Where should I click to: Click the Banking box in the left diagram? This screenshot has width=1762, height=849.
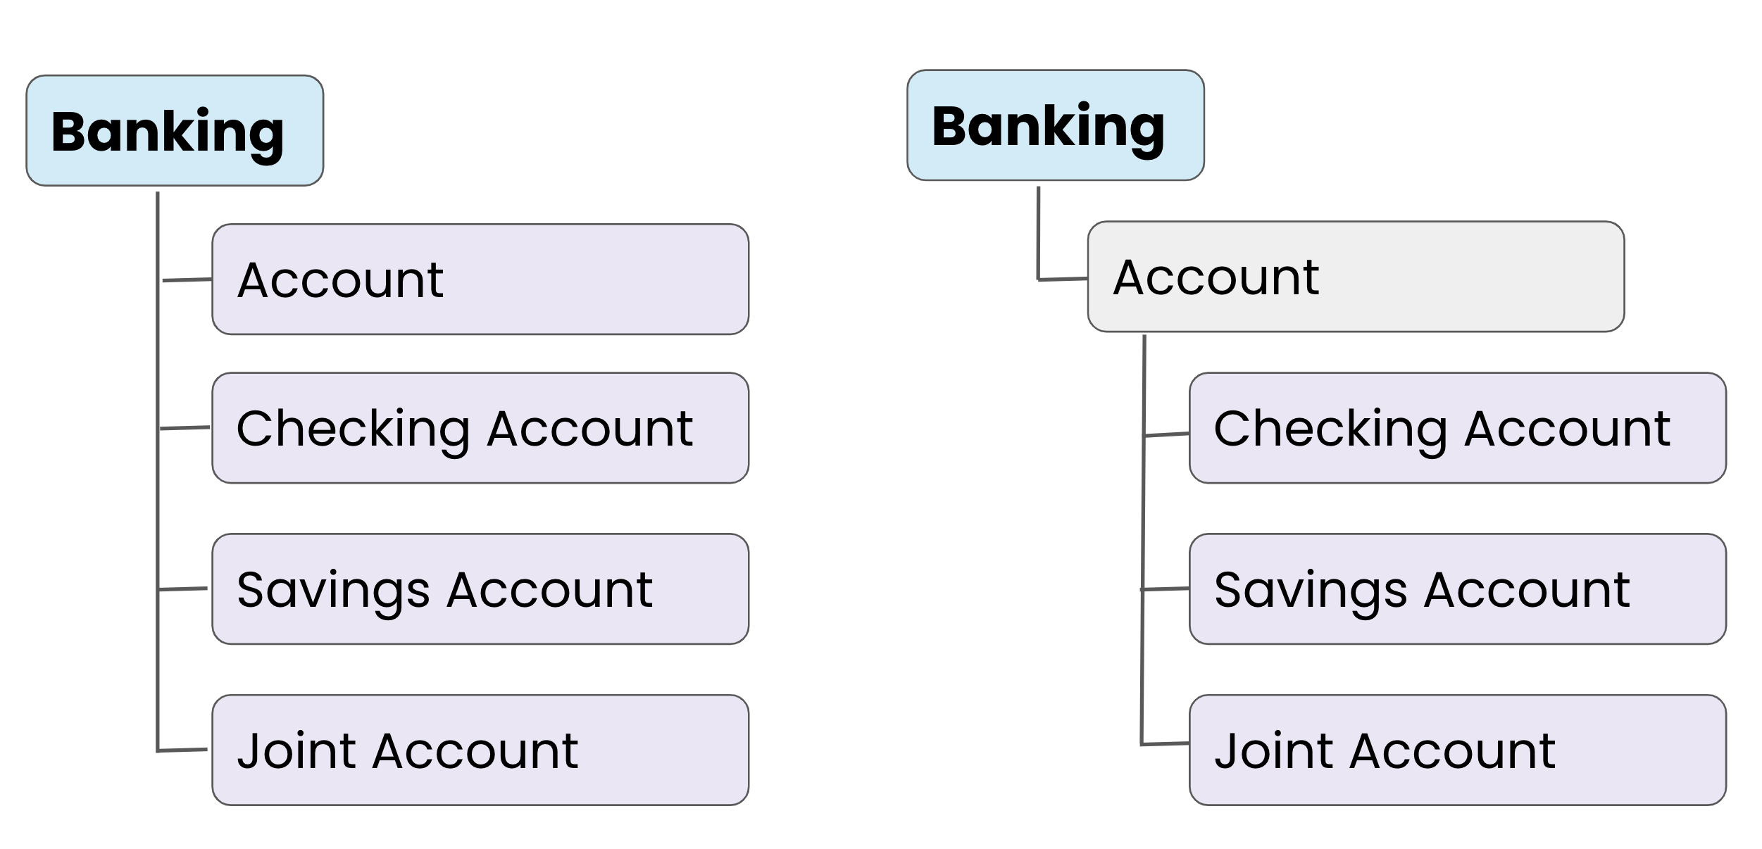175,131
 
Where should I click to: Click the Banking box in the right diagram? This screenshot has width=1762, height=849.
1056,125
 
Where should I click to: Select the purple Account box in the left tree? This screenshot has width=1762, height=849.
480,279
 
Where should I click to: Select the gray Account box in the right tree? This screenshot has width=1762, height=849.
1356,277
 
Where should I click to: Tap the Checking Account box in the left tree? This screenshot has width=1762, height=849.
480,428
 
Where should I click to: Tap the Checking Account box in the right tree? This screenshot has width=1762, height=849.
1458,428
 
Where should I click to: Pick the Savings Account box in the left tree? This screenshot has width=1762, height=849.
480,589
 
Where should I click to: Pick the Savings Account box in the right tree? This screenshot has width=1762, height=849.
1458,589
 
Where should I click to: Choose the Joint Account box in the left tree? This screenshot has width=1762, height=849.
480,750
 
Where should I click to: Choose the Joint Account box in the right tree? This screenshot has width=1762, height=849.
1458,750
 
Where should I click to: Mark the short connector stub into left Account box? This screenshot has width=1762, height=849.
187,280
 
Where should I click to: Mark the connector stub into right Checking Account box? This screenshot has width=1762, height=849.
1167,435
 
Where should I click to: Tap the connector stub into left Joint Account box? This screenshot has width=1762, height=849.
182,750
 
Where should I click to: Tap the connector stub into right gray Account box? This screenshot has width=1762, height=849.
1063,279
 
